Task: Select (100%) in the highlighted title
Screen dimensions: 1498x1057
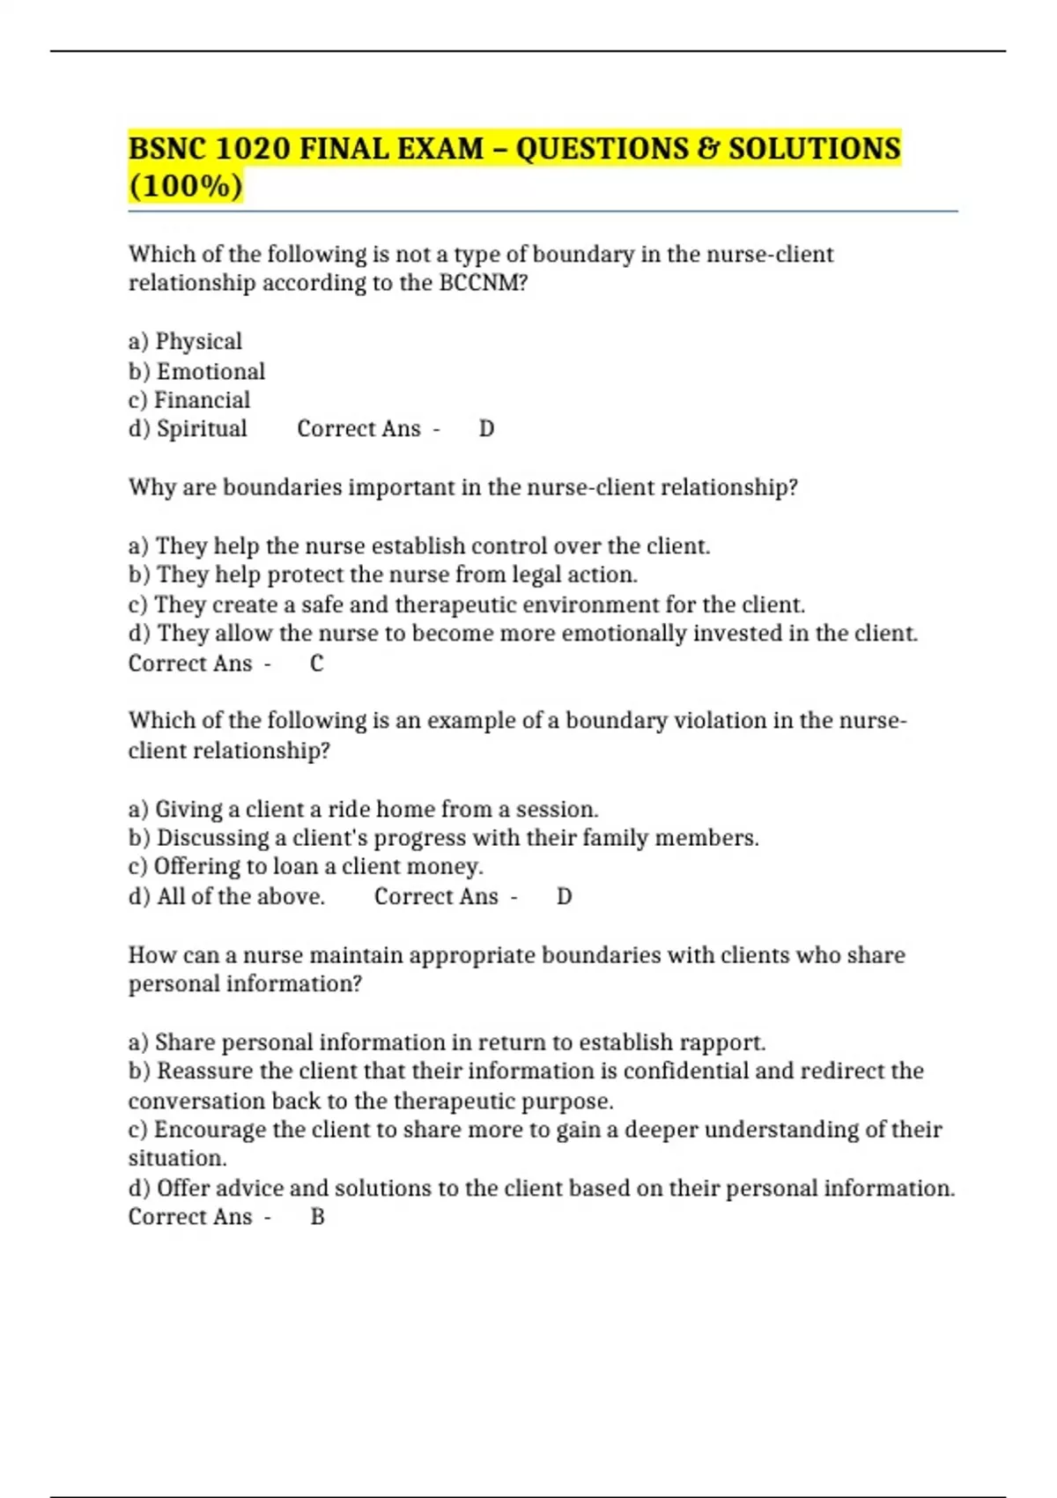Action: tap(185, 187)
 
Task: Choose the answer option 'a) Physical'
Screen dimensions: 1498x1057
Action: tap(185, 341)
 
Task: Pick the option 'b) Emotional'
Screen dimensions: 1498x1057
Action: tap(196, 371)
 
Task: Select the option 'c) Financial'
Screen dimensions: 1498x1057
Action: tap(189, 400)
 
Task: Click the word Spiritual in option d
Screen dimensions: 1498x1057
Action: tap(202, 429)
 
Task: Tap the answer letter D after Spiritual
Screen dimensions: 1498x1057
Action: tap(486, 429)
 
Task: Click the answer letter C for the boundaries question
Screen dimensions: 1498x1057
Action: tap(317, 664)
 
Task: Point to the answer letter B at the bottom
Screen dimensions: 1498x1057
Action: tap(318, 1217)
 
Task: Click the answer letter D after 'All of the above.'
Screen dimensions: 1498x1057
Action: tap(565, 897)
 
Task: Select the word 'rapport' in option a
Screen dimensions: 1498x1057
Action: tap(728, 1042)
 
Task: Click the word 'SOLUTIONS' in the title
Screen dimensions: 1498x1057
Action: tap(814, 148)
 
